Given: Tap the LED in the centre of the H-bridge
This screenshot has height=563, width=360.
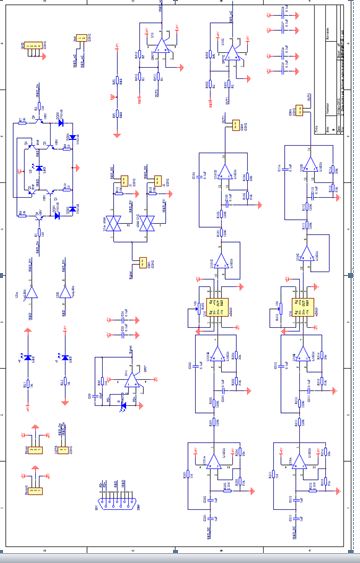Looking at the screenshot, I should [x=40, y=169].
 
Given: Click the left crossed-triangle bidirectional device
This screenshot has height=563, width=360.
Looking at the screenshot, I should [x=114, y=224].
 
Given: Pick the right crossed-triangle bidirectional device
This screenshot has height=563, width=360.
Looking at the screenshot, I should [x=148, y=224].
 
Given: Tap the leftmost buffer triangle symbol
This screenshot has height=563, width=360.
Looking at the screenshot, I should [x=30, y=292].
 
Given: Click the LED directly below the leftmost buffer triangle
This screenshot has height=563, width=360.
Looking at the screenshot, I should [x=29, y=357].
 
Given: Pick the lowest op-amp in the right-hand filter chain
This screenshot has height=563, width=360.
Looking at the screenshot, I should [x=298, y=462].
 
